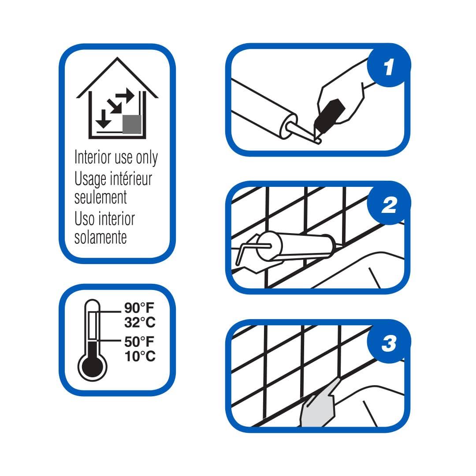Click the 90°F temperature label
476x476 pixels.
click(x=139, y=308)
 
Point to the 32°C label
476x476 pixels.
click(x=140, y=322)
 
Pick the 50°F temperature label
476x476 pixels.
click(x=139, y=342)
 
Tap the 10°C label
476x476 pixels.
click(x=140, y=356)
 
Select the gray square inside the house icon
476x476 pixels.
click(x=132, y=124)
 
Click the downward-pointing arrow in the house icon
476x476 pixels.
click(x=103, y=119)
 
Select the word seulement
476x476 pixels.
click(x=100, y=197)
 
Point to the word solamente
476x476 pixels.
click(x=100, y=237)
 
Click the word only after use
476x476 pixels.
click(x=147, y=157)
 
